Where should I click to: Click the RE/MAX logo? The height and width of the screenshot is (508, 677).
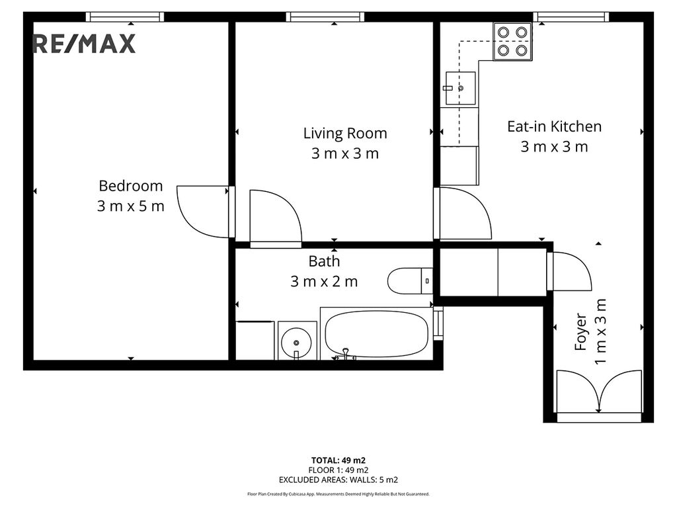click(84, 44)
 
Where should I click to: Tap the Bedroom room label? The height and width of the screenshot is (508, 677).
click(131, 186)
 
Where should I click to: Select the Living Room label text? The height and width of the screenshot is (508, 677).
click(345, 133)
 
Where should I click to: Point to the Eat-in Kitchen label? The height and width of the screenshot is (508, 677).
click(555, 126)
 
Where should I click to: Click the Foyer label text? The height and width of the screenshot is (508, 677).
click(581, 331)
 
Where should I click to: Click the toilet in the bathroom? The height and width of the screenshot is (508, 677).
click(410, 281)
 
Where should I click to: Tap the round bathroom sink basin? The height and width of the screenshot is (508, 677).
click(296, 343)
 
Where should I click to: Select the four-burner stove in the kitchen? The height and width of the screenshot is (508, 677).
click(512, 42)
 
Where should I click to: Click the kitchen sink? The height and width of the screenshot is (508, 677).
click(460, 88)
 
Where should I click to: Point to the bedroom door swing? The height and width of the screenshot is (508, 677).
click(202, 212)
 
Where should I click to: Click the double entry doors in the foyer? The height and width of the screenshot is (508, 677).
click(599, 392)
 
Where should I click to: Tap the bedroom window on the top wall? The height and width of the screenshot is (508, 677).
click(125, 17)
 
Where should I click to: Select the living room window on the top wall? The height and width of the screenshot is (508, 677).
click(325, 17)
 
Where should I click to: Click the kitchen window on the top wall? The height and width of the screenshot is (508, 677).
click(572, 17)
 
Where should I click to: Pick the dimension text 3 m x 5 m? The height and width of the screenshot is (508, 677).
click(131, 206)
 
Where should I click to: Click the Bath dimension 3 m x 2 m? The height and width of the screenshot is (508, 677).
click(324, 282)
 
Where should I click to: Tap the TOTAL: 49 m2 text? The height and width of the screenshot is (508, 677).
click(338, 460)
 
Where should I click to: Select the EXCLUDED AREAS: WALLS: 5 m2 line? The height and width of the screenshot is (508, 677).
click(338, 480)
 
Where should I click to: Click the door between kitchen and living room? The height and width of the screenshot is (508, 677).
click(463, 213)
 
